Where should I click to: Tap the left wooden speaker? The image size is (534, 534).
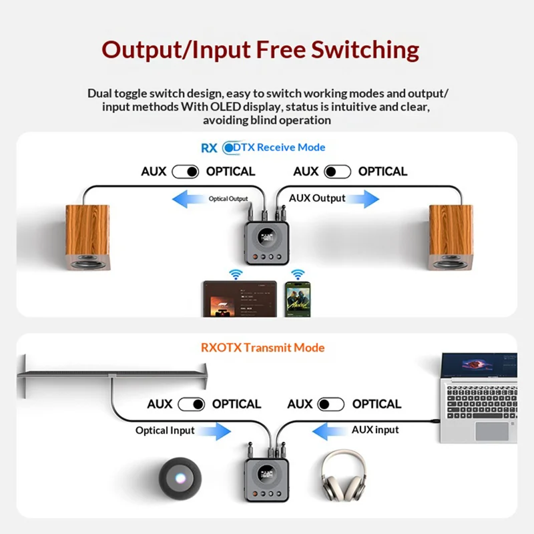(87, 238)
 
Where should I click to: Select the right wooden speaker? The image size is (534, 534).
(451, 238)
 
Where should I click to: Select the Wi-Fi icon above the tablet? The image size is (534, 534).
(235, 274)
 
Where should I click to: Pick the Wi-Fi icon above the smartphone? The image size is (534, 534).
(298, 274)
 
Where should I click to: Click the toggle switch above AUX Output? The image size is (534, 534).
(338, 172)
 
